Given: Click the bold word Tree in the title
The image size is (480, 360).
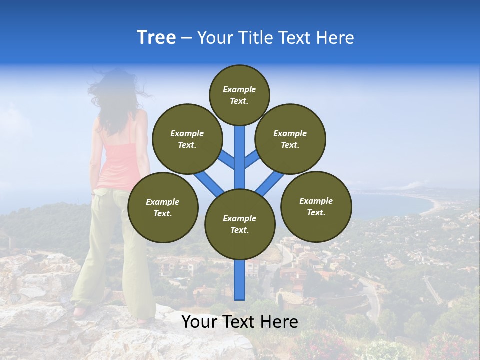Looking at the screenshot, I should [156, 38].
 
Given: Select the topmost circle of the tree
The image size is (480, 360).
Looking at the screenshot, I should [239, 95].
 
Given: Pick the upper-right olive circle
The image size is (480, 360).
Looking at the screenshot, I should [290, 139].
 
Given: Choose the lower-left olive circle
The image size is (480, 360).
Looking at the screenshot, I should [163, 207].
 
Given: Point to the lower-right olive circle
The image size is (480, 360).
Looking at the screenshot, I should [316, 206].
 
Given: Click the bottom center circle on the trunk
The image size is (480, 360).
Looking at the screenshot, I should [239, 224].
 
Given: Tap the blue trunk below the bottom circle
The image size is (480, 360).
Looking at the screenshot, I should [240, 280].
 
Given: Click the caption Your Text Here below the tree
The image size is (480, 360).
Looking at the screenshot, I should [239, 322].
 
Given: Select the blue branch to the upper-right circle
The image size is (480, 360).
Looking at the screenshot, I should [251, 159].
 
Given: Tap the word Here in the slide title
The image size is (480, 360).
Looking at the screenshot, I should [335, 38].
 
